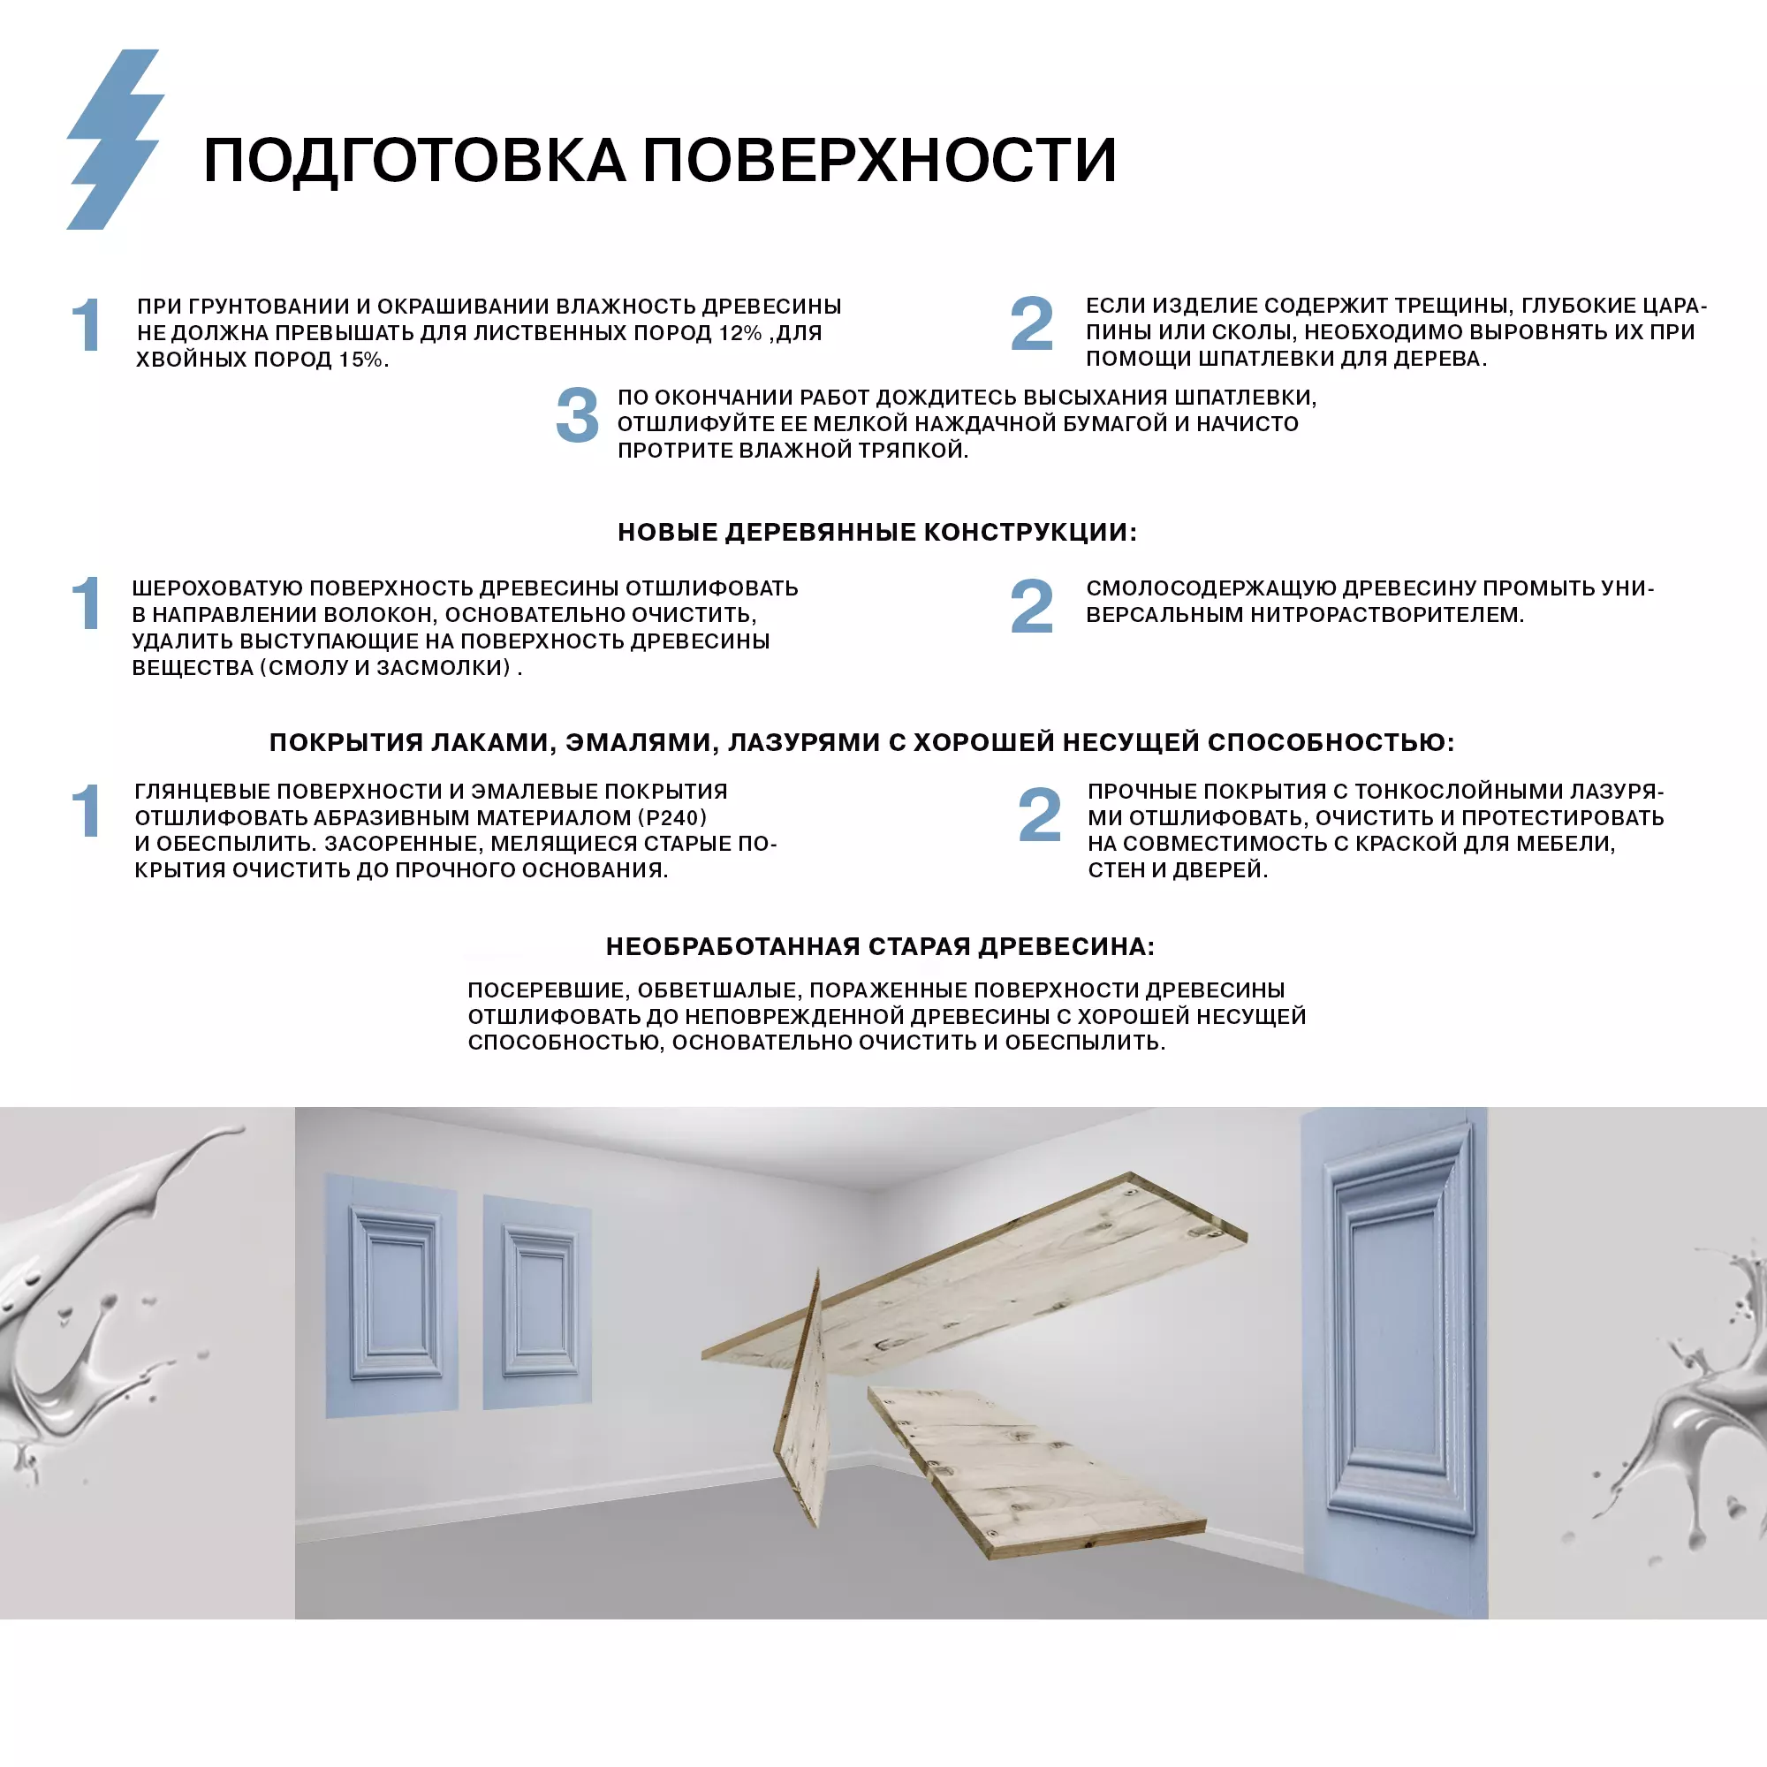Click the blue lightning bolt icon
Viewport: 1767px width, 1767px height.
pos(115,139)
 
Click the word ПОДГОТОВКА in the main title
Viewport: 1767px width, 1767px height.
pos(414,161)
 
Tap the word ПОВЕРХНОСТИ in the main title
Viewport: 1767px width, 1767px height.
pos(879,161)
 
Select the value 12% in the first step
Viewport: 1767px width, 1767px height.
pos(739,333)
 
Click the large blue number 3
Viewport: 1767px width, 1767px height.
pos(577,416)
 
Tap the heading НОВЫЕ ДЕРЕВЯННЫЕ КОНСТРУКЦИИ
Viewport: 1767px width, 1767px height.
pos(876,532)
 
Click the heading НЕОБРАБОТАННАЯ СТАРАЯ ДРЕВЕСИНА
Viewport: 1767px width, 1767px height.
pos(880,946)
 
